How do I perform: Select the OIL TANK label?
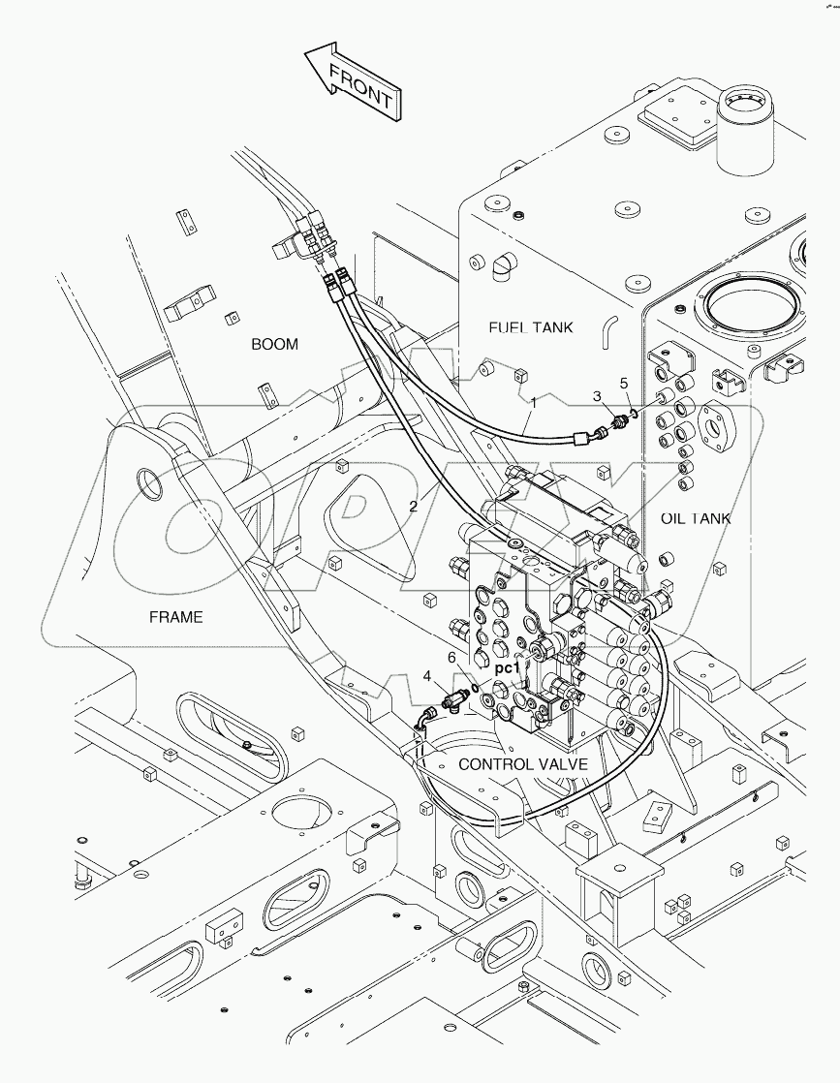pos(695,518)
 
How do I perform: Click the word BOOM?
pos(274,344)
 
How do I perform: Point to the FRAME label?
pos(175,616)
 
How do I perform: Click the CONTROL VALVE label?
pos(523,764)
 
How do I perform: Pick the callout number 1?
pos(532,400)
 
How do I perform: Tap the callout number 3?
pos(597,395)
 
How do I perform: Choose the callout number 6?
pos(451,657)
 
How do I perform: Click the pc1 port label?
pos(507,667)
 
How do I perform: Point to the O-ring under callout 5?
pos(631,412)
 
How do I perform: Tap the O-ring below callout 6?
pos(471,690)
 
